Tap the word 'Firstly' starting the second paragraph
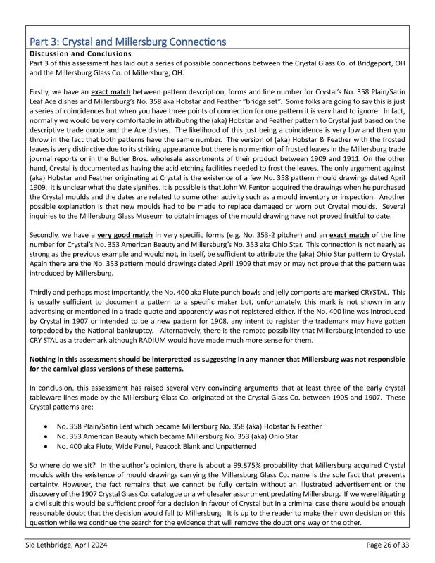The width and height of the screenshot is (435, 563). point(39,91)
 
